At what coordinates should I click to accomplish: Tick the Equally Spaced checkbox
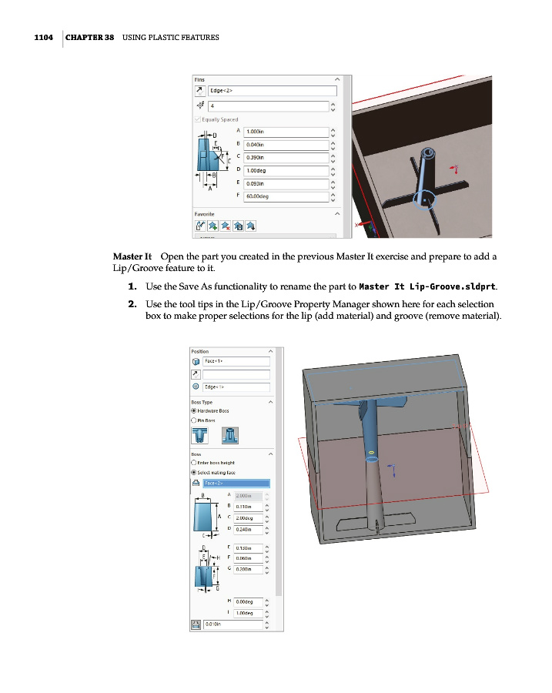point(198,119)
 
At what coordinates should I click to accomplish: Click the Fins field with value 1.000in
point(285,132)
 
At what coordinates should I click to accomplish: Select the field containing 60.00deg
point(285,196)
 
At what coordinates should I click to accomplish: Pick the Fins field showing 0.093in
point(285,184)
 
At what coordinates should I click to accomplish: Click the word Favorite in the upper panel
point(204,213)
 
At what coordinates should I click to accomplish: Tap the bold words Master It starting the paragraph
point(131,256)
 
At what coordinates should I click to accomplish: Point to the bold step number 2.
point(132,303)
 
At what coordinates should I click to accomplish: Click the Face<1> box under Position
point(236,361)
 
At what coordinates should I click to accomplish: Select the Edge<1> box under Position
point(236,387)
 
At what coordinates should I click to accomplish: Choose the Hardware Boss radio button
point(194,410)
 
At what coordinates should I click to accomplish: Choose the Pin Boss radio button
point(194,420)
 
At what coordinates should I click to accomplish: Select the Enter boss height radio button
point(194,463)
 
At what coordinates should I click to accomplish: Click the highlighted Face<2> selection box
point(236,484)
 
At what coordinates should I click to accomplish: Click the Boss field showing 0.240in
point(248,530)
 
